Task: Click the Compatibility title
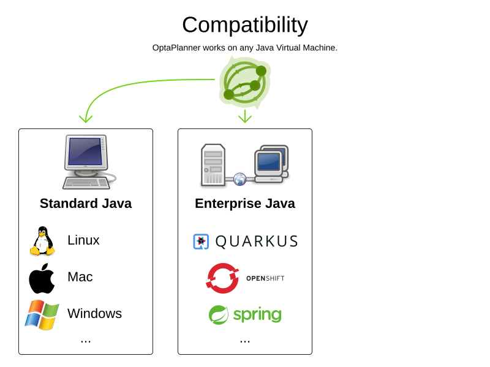[x=245, y=25]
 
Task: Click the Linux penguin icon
[x=42, y=241]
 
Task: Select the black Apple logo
[x=42, y=278]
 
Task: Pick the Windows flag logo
[x=42, y=314]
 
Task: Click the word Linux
[x=83, y=240]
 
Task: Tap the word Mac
[x=80, y=277]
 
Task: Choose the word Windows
[x=94, y=314]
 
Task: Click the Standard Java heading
[x=86, y=204]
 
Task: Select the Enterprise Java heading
[x=245, y=204]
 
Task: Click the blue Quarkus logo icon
[x=201, y=242]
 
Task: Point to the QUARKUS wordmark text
[x=257, y=242]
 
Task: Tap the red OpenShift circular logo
[x=222, y=278]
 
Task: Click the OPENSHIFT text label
[x=265, y=278]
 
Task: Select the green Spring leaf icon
[x=219, y=315]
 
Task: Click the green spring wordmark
[x=257, y=315]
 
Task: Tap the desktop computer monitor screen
[x=85, y=151]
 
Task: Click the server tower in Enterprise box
[x=213, y=165]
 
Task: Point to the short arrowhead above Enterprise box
[x=245, y=117]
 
